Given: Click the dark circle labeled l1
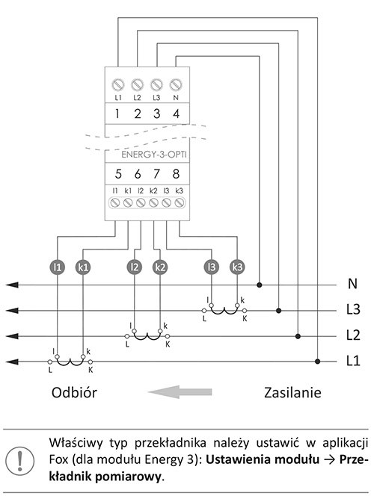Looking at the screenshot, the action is (x=58, y=267).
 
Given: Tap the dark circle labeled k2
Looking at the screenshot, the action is (x=160, y=267).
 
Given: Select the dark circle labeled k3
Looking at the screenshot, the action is (x=237, y=267).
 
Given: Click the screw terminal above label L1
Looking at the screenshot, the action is (x=118, y=84).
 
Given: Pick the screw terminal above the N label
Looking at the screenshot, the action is (x=176, y=84).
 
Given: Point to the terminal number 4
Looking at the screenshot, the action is (x=176, y=114).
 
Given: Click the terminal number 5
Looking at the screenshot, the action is (x=118, y=173).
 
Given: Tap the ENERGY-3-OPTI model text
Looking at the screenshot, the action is (x=154, y=155).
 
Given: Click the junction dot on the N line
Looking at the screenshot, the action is (x=260, y=285).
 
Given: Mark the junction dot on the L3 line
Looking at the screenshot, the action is (x=279, y=311).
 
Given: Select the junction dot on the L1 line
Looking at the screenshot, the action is (x=317, y=362).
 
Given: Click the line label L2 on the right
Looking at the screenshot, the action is (x=353, y=335).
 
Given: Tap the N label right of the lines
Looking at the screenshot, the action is (x=352, y=283).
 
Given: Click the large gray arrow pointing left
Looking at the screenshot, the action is (x=180, y=392).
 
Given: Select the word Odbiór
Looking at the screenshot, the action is (x=74, y=392).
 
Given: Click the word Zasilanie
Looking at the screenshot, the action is (x=292, y=392).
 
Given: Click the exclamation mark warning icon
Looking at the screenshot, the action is (x=20, y=461).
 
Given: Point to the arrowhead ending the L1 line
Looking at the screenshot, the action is (x=12, y=362).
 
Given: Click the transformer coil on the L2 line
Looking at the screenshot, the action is (x=147, y=336).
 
